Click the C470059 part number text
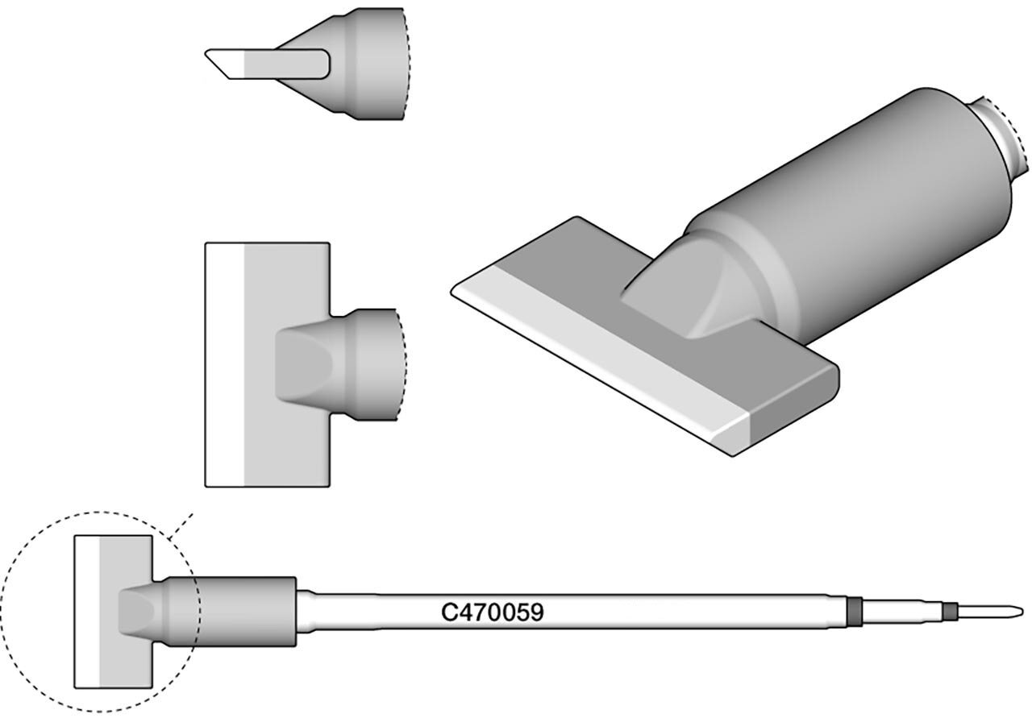(493, 612)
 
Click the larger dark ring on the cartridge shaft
(855, 611)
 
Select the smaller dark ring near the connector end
(950, 611)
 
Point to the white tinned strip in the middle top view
(224, 364)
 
